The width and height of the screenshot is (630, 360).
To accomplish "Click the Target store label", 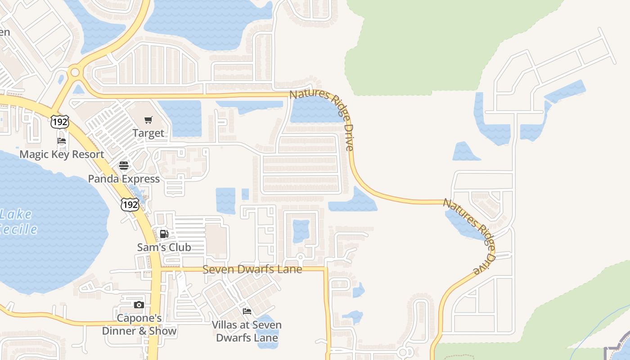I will (148, 134).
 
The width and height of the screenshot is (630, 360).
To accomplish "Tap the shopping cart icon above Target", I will (148, 120).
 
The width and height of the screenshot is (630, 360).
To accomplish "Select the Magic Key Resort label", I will (62, 154).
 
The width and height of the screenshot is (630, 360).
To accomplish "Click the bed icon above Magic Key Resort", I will (62, 141).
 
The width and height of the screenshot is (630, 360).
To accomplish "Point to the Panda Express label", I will (124, 179).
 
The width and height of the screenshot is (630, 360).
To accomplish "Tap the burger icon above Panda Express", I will (124, 165).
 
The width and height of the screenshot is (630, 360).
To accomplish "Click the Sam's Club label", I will (164, 247).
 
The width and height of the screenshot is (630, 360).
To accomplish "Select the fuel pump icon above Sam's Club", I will (164, 234).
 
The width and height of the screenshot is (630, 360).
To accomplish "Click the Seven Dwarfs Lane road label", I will (252, 270).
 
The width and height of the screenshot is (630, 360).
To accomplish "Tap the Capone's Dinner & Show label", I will (139, 325).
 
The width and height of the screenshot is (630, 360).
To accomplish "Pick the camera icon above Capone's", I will (139, 305).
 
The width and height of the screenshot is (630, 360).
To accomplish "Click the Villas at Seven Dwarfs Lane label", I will (247, 331).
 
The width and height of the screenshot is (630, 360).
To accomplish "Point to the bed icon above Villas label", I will (247, 311).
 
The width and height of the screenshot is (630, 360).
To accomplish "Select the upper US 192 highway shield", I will (60, 121).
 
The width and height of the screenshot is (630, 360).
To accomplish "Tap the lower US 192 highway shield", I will (130, 204).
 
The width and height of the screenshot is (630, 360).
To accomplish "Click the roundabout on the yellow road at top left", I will (75, 72).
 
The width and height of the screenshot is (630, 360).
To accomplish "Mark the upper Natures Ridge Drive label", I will (322, 120).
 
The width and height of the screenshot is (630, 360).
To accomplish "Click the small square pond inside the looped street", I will (301, 231).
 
